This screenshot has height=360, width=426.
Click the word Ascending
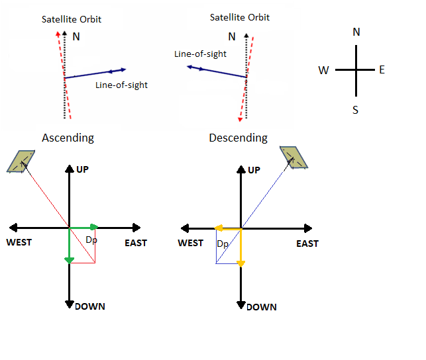pyautogui.click(x=68, y=138)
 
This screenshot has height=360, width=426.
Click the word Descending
pyautogui.click(x=238, y=138)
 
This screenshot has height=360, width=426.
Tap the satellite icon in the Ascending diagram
pyautogui.click(x=21, y=161)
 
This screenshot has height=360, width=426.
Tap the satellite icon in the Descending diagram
pyautogui.click(x=294, y=157)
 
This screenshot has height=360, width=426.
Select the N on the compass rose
pyautogui.click(x=356, y=32)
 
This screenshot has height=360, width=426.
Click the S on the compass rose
pyautogui.click(x=356, y=110)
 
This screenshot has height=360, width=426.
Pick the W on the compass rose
pyautogui.click(x=324, y=70)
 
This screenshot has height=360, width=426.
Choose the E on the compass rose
pyautogui.click(x=382, y=69)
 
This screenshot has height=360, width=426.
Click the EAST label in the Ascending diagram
pyautogui.click(x=136, y=243)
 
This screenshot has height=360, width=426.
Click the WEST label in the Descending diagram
pyautogui.click(x=191, y=243)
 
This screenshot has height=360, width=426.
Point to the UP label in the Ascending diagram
pyautogui.click(x=83, y=169)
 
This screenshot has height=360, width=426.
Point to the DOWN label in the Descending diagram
pyautogui.click(x=261, y=307)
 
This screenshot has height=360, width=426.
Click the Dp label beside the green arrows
pyautogui.click(x=91, y=239)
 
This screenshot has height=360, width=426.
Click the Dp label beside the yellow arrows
pyautogui.click(x=223, y=244)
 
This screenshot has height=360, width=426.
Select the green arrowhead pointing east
pyautogui.click(x=95, y=228)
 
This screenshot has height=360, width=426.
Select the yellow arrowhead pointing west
pyautogui.click(x=218, y=228)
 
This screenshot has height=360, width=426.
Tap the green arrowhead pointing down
pyautogui.click(x=70, y=260)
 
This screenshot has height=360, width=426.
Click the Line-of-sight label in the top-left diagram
pyautogui.click(x=121, y=85)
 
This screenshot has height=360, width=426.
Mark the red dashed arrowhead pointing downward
pyautogui.click(x=240, y=118)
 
